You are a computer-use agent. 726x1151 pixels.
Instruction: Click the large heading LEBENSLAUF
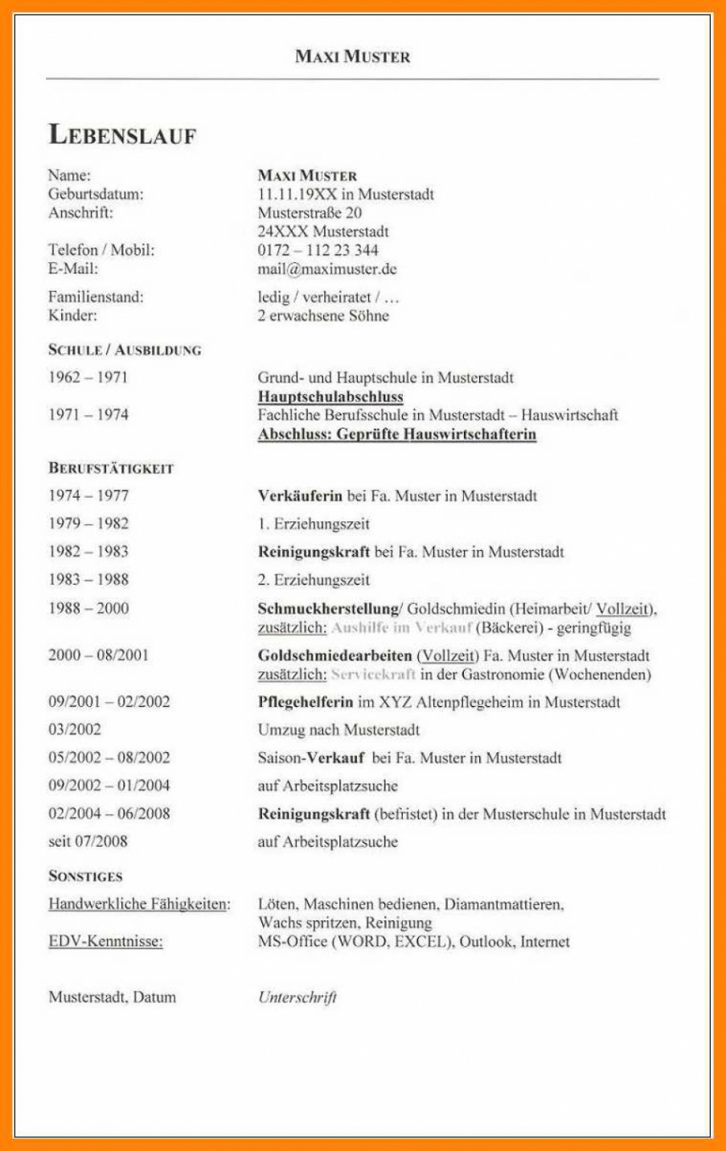122,135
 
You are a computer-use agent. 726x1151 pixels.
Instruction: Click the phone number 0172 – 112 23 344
318,250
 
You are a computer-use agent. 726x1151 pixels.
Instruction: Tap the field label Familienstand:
96,297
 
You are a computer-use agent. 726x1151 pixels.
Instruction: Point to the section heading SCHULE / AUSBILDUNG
125,350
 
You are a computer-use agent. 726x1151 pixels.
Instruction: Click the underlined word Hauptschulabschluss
330,397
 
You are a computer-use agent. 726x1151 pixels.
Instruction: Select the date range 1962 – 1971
88,377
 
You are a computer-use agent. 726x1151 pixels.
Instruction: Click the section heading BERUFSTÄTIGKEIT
111,468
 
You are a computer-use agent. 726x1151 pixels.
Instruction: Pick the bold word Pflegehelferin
306,702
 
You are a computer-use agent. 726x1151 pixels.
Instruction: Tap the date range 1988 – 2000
88,608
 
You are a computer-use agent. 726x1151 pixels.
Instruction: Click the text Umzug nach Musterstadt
338,730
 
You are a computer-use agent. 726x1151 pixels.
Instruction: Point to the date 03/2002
75,730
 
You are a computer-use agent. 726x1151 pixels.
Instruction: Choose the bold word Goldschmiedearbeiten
334,656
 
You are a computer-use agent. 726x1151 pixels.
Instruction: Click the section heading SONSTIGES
85,876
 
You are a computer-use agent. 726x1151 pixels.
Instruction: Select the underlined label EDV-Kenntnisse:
105,941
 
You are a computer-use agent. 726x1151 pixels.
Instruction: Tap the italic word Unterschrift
297,997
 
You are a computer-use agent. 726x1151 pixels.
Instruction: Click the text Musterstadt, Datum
112,997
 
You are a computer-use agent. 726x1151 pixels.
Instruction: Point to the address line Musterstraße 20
310,213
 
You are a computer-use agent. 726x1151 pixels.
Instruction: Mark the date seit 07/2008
88,842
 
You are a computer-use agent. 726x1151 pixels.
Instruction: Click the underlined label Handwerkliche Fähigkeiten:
139,904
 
